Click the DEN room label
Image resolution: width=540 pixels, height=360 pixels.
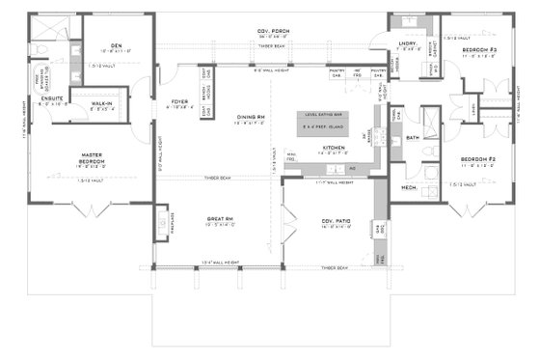(115, 45)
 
